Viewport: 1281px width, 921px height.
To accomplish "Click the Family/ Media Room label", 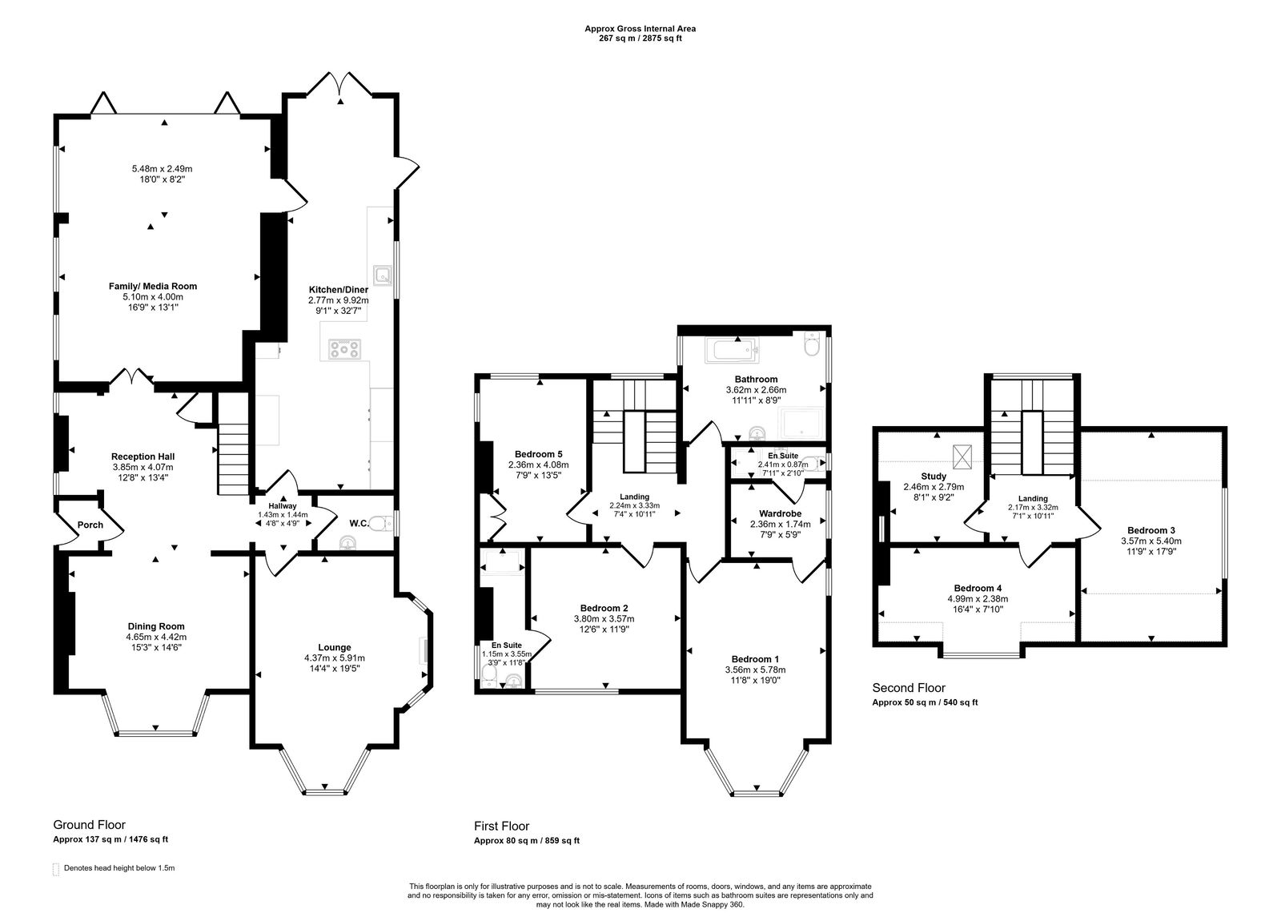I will (x=153, y=286).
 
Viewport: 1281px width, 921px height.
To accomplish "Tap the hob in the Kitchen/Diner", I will (x=344, y=348).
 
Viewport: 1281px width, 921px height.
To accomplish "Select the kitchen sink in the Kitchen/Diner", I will (x=383, y=276).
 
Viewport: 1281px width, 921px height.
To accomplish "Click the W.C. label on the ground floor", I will (x=358, y=524).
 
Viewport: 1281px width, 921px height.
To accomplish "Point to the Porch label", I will (x=90, y=525).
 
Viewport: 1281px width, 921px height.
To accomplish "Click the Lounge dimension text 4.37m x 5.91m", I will (x=335, y=658).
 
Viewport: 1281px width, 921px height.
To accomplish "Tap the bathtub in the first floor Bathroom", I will (x=730, y=350).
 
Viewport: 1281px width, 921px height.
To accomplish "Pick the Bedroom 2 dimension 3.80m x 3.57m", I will (x=604, y=619).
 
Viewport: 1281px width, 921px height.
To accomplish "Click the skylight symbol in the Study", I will (x=964, y=456).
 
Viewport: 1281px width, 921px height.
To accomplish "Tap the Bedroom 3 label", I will (x=1150, y=530).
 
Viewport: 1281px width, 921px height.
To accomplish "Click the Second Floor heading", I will (x=908, y=688).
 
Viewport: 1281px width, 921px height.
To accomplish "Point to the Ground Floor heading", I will (x=89, y=825).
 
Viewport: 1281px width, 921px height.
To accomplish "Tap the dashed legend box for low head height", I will (x=56, y=869).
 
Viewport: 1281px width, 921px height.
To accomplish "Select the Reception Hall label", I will (x=143, y=456).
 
